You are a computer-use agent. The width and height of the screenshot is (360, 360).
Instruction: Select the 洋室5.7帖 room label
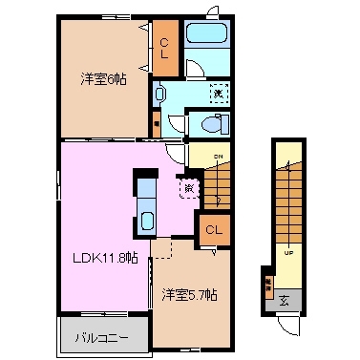(188, 295)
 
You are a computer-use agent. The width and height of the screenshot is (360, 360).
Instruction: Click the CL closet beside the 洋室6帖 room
(164, 47)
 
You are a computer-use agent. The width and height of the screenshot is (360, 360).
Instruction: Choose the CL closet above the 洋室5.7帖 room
(213, 229)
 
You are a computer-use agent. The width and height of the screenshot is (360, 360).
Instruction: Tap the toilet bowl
(213, 125)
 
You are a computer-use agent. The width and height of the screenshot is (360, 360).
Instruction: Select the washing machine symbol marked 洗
(219, 93)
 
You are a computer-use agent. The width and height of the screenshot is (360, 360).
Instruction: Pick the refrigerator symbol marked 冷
(188, 188)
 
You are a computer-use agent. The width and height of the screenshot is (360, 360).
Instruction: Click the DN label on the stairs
(218, 159)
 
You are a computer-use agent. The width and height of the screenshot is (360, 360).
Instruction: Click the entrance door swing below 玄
(285, 326)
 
